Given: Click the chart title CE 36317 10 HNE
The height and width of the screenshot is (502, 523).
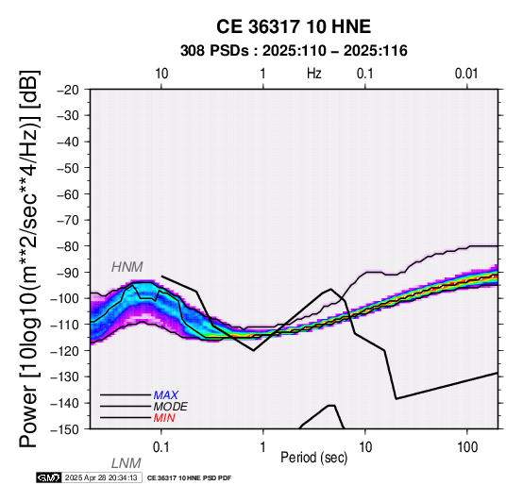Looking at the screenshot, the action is click(x=294, y=26).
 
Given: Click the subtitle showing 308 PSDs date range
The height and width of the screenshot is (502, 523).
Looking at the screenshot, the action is click(x=294, y=51).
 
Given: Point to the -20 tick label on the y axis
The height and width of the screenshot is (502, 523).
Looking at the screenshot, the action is click(x=68, y=90).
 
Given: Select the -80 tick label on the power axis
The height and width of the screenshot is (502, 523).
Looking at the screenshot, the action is click(x=68, y=246).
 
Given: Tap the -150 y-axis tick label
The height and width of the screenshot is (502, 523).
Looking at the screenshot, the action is click(x=65, y=429).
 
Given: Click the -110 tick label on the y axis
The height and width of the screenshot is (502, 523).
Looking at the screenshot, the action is click(x=65, y=325).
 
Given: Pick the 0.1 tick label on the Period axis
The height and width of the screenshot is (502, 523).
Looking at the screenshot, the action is click(x=160, y=447).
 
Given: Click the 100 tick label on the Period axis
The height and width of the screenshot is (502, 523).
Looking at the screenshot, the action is click(x=467, y=447).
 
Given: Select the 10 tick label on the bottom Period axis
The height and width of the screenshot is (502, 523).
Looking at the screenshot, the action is click(x=365, y=447).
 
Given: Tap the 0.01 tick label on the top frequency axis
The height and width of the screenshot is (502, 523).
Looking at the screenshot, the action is click(x=466, y=74).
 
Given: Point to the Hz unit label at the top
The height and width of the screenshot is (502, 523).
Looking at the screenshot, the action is click(x=313, y=74).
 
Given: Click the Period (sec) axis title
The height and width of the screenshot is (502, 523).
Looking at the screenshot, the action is click(x=313, y=458).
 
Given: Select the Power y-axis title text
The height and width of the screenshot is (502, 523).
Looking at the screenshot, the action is click(x=29, y=259).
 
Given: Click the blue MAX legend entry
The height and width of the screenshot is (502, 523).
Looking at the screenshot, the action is click(x=166, y=395).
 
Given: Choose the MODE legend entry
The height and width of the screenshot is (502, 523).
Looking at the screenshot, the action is click(x=171, y=407).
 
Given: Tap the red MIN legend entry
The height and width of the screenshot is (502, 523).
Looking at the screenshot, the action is click(x=164, y=418).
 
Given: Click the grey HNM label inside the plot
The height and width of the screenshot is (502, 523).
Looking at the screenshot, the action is click(x=127, y=267).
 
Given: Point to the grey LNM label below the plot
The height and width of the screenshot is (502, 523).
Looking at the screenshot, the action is click(x=127, y=463).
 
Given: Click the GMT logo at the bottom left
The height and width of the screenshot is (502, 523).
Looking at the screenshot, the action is click(x=49, y=478).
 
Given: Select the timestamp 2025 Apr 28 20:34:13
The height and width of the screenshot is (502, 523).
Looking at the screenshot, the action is click(x=101, y=478).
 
